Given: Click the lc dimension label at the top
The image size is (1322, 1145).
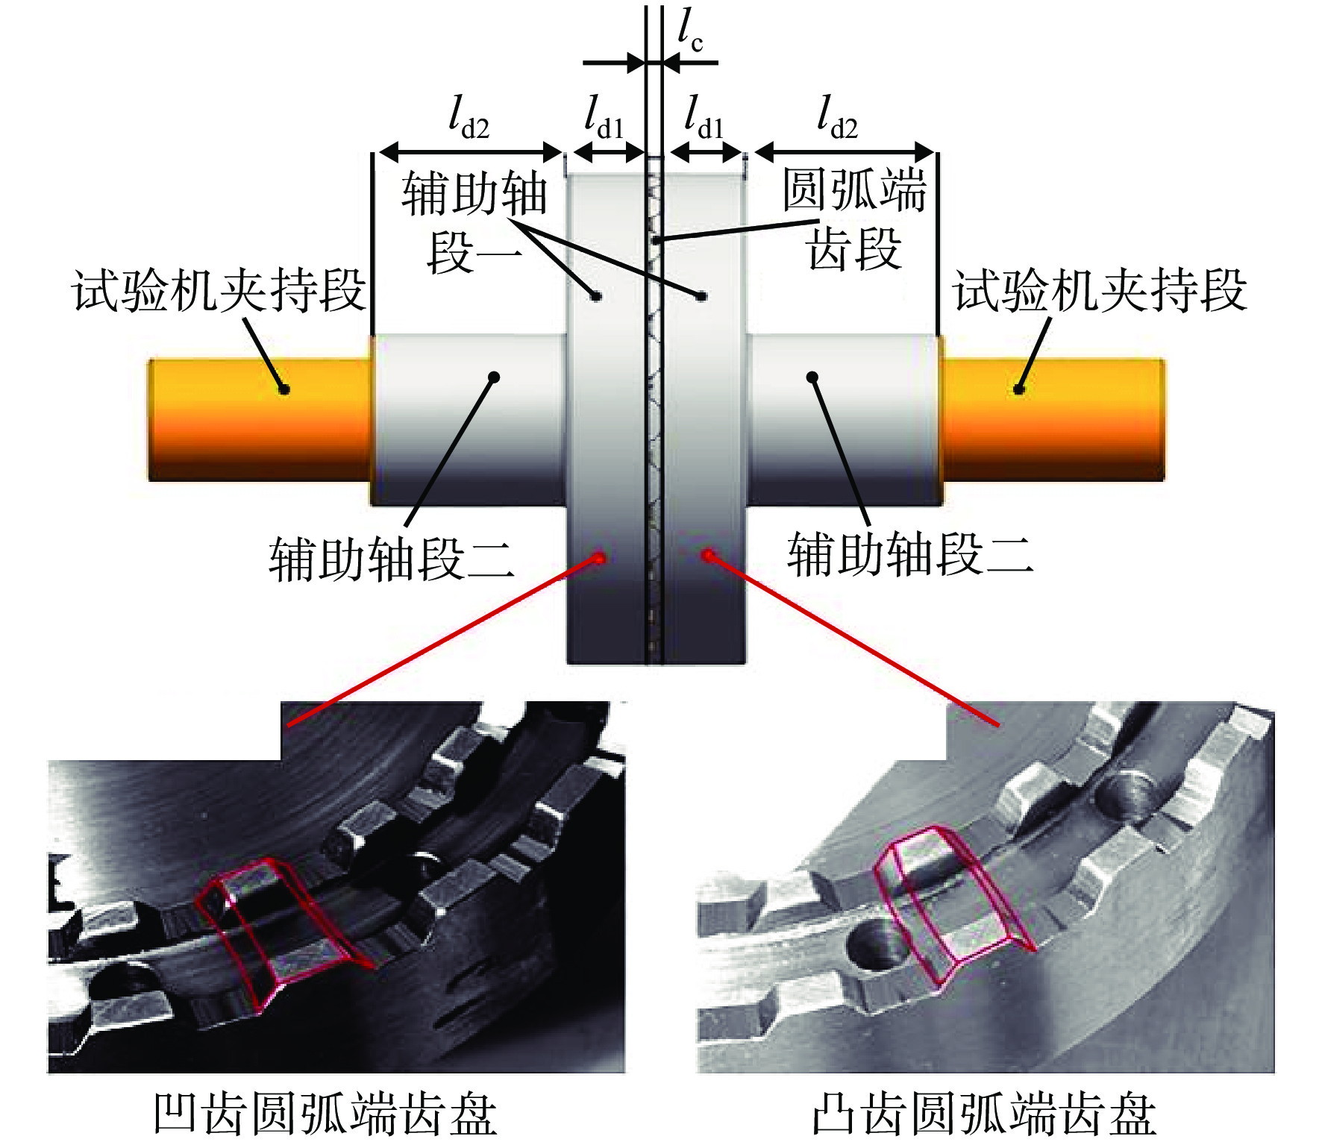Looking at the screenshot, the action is click(x=690, y=30).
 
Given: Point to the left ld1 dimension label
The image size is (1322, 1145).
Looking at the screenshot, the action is click(x=604, y=117).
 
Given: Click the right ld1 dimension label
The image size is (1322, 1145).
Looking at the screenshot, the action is click(x=704, y=117).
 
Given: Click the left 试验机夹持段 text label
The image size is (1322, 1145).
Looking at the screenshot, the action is click(x=219, y=289).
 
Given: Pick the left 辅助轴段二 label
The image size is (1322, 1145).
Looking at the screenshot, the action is click(x=392, y=557).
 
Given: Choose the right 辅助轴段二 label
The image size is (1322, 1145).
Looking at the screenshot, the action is click(x=910, y=553).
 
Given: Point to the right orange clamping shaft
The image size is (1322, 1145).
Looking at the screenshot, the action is click(x=1053, y=420).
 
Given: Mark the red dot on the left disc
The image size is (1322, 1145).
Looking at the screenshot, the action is click(x=598, y=557).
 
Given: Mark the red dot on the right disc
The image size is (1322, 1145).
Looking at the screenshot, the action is click(x=708, y=555).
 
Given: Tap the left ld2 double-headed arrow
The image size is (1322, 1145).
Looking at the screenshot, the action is click(x=471, y=153).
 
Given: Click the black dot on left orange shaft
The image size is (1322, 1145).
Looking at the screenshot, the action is click(x=283, y=389).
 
